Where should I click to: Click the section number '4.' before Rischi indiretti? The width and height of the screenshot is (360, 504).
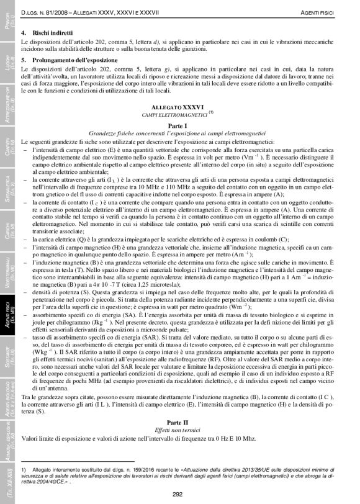tap(24, 31)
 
